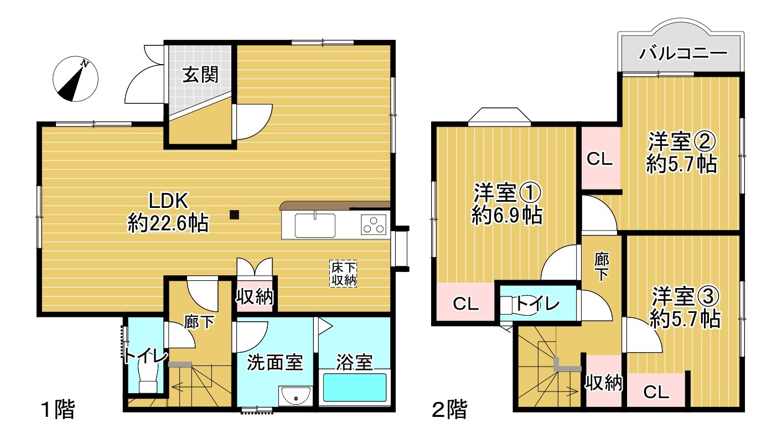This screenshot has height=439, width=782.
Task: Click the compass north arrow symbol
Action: click(75, 80)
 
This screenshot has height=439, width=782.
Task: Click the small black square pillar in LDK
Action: click(235, 215)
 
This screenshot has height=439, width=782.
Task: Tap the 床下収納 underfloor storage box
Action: click(343, 274)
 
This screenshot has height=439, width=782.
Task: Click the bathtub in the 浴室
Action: click(354, 388)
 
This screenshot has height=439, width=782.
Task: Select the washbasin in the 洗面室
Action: click(296, 396)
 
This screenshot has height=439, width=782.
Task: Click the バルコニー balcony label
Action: click(682, 54)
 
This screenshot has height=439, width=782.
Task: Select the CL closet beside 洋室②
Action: click(599, 159)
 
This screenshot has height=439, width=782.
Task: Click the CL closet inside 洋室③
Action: click(656, 392)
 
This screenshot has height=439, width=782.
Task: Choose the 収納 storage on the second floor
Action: click(604, 382)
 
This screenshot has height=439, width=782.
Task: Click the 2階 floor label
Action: click(449, 410)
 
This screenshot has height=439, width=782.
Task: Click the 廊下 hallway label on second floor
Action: click(602, 267)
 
